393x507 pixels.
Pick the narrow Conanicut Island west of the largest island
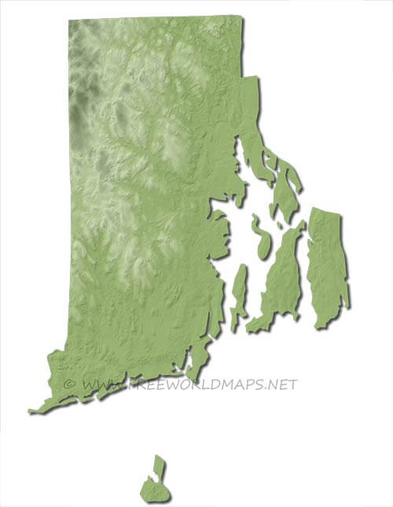pyautogui.click(x=239, y=286)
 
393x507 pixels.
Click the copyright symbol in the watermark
pyautogui.click(x=69, y=384)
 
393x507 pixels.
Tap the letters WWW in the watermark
pyautogui.click(x=98, y=384)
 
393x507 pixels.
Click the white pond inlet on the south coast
pyautogui.click(x=189, y=364)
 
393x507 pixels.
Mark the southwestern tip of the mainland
pyautogui.click(x=31, y=410)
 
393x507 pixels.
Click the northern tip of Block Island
pyautogui.click(x=160, y=457)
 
